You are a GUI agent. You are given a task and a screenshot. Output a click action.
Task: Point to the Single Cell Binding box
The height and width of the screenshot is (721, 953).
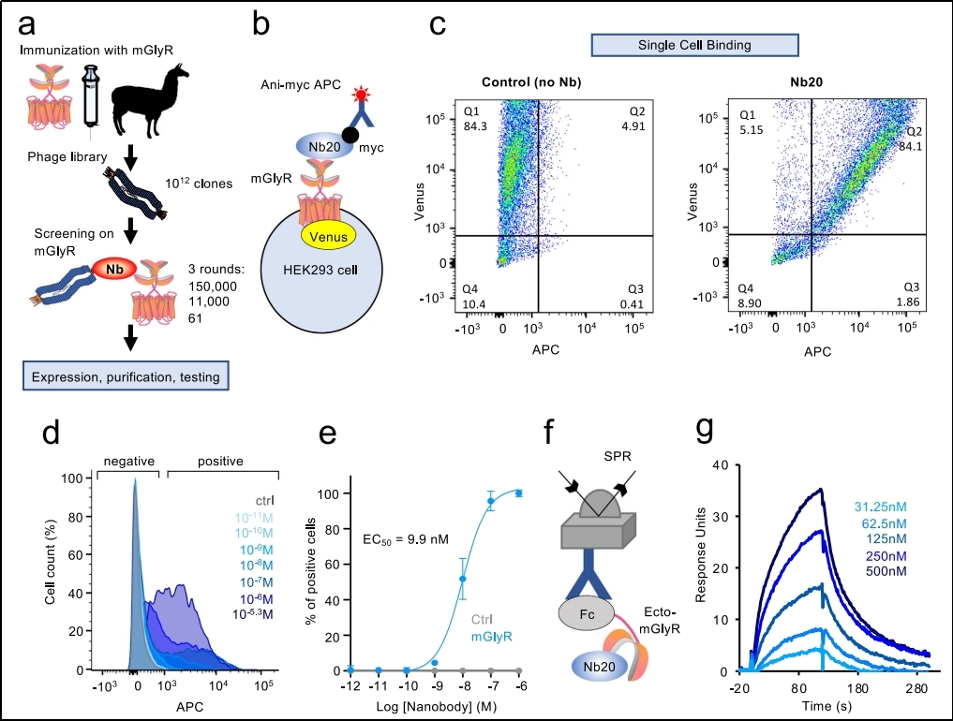(x=694, y=44)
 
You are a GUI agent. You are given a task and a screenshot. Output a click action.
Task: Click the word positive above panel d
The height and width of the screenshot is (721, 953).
(x=220, y=461)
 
